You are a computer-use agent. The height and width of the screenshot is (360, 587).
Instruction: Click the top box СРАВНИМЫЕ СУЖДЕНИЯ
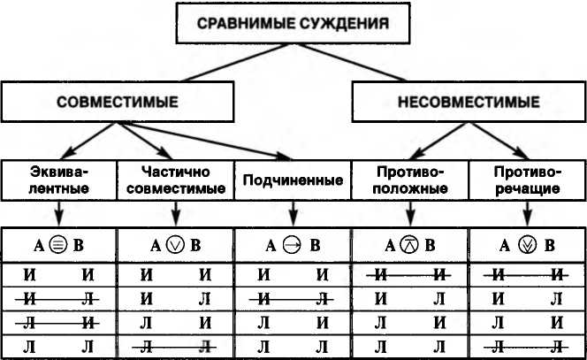pos(293,24)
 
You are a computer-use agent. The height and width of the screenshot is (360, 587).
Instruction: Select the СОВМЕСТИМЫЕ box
pos(118,102)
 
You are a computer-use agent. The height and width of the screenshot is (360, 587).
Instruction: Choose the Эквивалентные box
pos(57,180)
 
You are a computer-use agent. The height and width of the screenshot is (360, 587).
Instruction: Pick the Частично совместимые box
pos(174,180)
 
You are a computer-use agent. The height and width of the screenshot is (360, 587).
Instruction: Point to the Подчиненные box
pos(292,180)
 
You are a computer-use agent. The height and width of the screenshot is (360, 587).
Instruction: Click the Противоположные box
pos(410,180)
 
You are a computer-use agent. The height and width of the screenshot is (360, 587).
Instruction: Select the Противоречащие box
pos(527,180)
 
